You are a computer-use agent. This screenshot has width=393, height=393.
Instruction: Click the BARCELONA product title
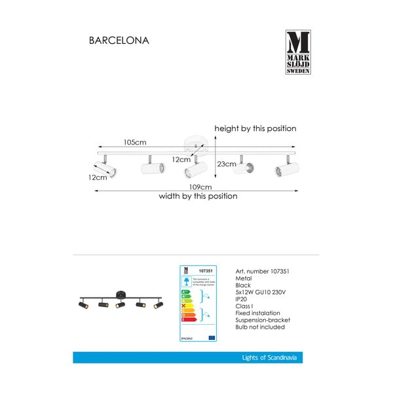(x=119, y=41)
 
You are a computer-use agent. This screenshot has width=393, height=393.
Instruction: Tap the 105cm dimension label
(x=136, y=142)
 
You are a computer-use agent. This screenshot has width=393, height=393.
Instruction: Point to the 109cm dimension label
(x=198, y=186)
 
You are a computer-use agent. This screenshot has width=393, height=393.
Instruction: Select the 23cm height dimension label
(x=226, y=164)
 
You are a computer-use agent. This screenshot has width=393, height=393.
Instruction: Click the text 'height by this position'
(x=255, y=129)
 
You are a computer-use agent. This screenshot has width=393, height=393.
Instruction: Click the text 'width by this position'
(x=198, y=196)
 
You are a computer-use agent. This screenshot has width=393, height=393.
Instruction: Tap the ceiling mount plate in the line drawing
(x=195, y=141)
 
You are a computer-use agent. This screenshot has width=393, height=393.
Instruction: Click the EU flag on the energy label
(x=211, y=337)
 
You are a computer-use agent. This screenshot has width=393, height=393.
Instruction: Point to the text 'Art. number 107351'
(x=262, y=271)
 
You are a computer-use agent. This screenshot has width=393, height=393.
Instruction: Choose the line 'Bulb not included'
(x=258, y=327)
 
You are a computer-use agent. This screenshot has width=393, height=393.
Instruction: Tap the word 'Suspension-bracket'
(x=262, y=320)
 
